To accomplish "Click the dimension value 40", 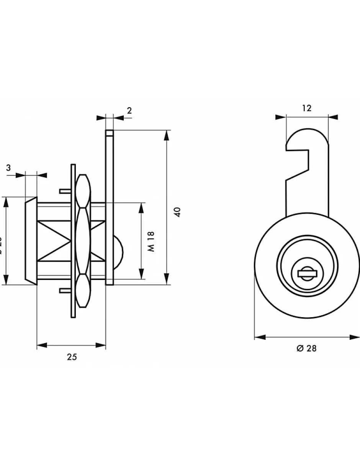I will (177, 212).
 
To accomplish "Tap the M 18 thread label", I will (152, 241).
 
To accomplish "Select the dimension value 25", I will (72, 357).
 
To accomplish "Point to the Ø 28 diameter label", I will (306, 348).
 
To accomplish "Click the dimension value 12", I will (306, 108).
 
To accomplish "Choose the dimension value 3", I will (8, 167).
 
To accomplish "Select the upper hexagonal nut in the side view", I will (83, 191).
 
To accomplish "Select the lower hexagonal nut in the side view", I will (83, 290).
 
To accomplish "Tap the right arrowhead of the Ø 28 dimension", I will (355, 337).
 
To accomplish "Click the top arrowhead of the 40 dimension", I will (166, 134).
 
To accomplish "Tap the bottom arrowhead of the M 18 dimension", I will (141, 275).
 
